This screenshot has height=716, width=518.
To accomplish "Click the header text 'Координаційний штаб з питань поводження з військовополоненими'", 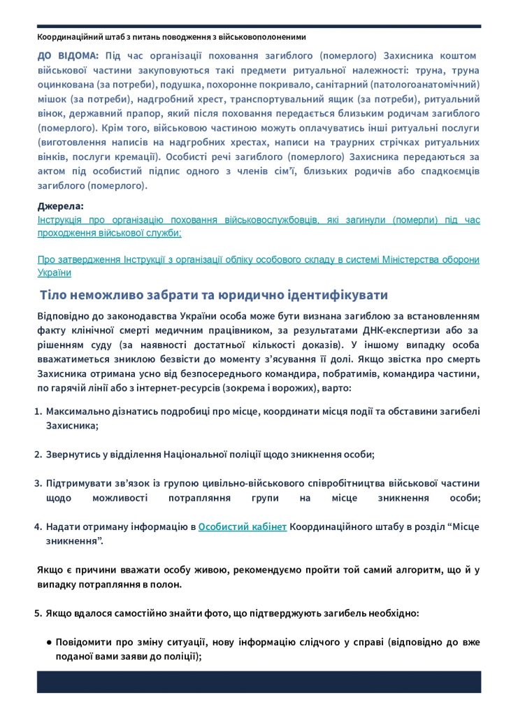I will pos(171,36).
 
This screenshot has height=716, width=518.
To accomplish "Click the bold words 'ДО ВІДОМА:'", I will pos(68,55).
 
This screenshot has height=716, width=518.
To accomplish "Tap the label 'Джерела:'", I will pos(60,206).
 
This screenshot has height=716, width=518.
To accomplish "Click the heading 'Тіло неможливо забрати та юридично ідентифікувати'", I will pos(214,294).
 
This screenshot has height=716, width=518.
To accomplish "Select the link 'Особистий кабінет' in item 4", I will pos(243,527).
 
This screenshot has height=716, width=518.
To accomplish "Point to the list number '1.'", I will pos(39,412).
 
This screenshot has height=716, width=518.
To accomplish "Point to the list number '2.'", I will pos(39,454).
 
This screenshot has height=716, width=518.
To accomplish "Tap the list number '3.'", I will pos(39,483).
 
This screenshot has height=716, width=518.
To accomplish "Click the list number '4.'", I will pos(39,527).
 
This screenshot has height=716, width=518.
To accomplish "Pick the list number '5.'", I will pos(39,613).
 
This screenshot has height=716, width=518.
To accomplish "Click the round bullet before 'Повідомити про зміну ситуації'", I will pos(49,642).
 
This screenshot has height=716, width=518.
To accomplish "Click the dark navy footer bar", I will pos(259,682).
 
